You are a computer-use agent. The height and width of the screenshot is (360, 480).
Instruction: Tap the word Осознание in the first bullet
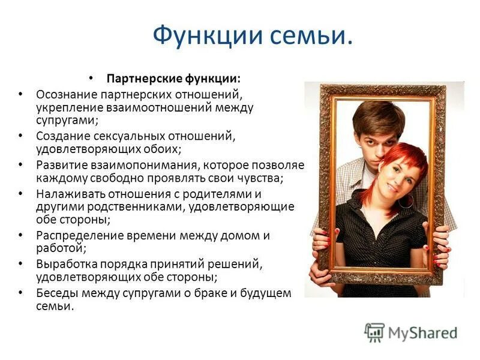click(65, 95)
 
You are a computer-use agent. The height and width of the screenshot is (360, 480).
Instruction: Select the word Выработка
click(63, 263)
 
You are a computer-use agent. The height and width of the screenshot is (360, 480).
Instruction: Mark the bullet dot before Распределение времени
click(22, 235)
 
